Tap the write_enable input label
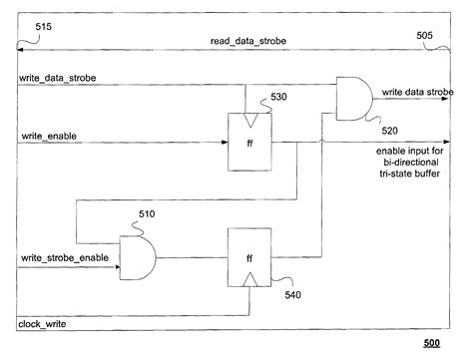pos(47,135)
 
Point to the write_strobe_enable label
pos(61,258)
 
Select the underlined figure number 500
pos(431,344)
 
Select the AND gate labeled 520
pos(353,98)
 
